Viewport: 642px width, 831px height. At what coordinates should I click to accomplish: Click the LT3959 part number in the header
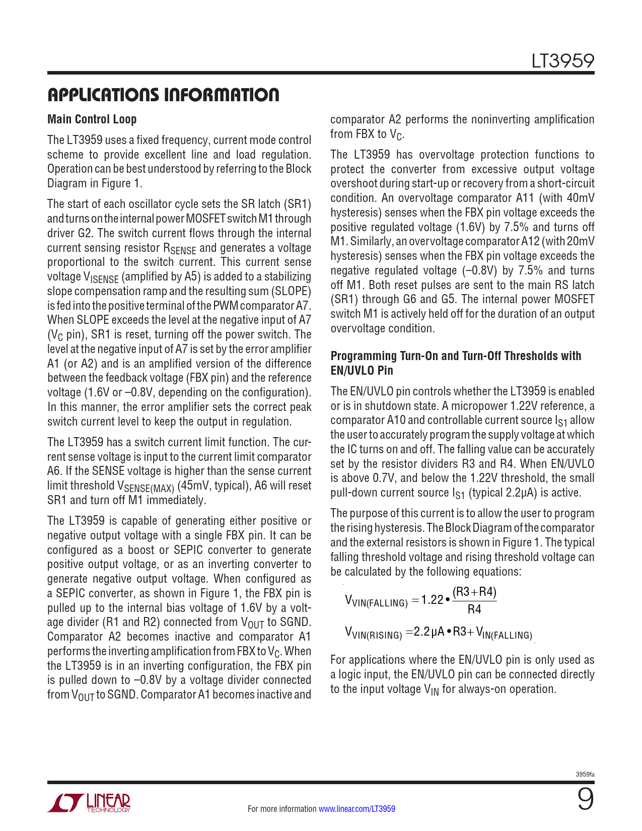563,61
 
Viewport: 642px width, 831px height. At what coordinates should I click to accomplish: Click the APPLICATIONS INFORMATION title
163,95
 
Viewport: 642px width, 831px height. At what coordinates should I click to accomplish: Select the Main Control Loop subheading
92,119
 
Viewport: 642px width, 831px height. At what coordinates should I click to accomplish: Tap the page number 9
585,799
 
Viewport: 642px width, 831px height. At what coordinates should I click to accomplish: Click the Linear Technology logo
89,803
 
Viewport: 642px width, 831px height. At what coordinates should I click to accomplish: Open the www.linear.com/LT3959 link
357,809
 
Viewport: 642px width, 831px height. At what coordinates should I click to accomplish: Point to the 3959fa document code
585,775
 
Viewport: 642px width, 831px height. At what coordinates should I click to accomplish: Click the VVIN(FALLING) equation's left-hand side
376,601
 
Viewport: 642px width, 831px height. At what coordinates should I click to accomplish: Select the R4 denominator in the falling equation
474,609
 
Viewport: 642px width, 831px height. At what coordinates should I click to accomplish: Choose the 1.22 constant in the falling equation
432,600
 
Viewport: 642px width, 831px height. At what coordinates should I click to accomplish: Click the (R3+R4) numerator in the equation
474,592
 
